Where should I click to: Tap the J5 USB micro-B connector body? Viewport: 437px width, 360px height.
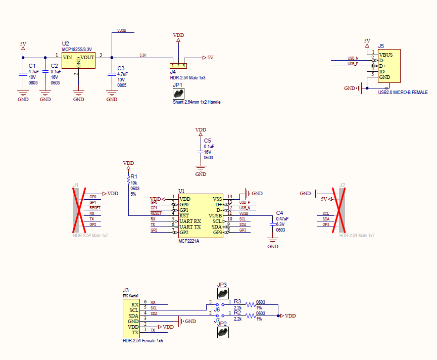tap(389, 66)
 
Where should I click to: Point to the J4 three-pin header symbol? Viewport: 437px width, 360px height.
tap(178, 66)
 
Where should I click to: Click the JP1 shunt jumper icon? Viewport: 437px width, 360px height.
tap(178, 94)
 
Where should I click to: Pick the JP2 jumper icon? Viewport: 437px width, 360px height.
tap(222, 332)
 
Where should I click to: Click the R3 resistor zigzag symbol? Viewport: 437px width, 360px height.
tap(251, 304)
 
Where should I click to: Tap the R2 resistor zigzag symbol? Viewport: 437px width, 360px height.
tap(251, 316)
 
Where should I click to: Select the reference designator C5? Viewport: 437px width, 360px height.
tap(207, 140)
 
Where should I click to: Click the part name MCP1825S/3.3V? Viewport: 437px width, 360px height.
tap(77, 50)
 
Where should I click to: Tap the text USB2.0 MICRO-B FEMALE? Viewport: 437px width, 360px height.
tap(403, 93)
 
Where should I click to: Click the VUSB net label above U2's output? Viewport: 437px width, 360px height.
tap(122, 31)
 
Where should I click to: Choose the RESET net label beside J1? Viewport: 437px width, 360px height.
tap(94, 208)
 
